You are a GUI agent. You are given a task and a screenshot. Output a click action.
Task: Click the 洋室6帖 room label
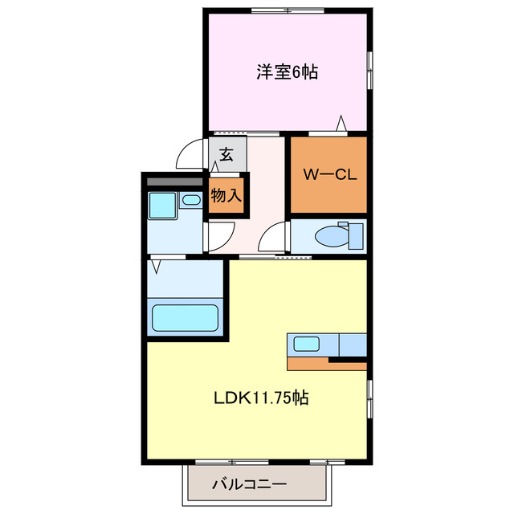tap(287, 72)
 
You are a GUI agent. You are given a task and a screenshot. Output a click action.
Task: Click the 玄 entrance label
tap(226, 155)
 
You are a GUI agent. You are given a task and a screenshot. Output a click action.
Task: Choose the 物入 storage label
tap(226, 194)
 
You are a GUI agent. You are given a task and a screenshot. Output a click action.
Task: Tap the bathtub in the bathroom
tap(187, 319)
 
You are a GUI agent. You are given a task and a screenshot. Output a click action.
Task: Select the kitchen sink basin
tap(306, 344)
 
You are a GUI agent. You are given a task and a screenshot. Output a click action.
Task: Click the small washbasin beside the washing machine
tap(190, 200)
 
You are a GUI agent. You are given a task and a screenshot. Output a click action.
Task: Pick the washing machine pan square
tap(161, 206)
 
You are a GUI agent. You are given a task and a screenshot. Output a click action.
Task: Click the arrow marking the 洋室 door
tap(341, 124)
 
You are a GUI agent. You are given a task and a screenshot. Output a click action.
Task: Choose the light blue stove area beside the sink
tap(353, 344)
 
